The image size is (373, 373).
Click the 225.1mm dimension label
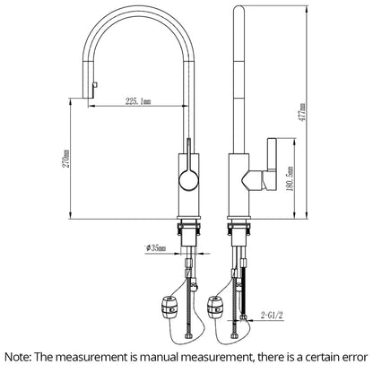pyautogui.click(x=138, y=101)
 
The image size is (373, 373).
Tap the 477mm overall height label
pyautogui.click(x=302, y=112)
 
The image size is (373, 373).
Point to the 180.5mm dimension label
pyautogui.click(x=291, y=178)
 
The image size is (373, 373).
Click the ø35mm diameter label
pyautogui.click(x=156, y=247)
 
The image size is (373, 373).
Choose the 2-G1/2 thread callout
pyautogui.click(x=272, y=315)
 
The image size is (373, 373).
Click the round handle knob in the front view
pyautogui.click(x=188, y=180)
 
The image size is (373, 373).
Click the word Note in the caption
pyautogui.click(x=18, y=357)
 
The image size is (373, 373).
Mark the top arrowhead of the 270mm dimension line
pyautogui.click(x=71, y=101)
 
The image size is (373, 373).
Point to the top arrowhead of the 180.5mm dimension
pyautogui.click(x=295, y=142)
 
